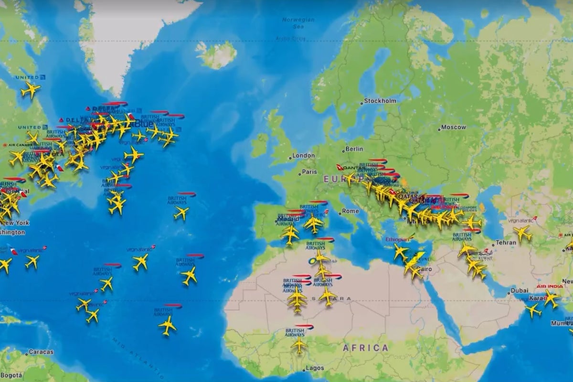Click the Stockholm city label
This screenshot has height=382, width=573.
(x=381, y=101)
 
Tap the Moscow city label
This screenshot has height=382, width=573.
(x=453, y=127)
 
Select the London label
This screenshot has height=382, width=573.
(x=304, y=156)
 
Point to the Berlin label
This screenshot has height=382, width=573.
(x=354, y=149)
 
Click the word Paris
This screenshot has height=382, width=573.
(x=309, y=171)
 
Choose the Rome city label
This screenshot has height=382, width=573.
(x=350, y=211)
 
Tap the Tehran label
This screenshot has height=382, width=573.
(x=506, y=243)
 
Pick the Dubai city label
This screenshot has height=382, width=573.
(x=519, y=290)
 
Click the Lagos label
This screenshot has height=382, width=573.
(x=315, y=368)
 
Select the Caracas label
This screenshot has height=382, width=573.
(x=41, y=352)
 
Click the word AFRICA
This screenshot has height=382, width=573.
(x=366, y=348)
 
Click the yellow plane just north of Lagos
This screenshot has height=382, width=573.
(x=299, y=344)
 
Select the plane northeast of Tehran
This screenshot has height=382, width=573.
(x=523, y=233)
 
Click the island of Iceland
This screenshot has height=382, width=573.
(x=217, y=54)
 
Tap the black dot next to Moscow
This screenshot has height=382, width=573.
(x=439, y=128)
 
